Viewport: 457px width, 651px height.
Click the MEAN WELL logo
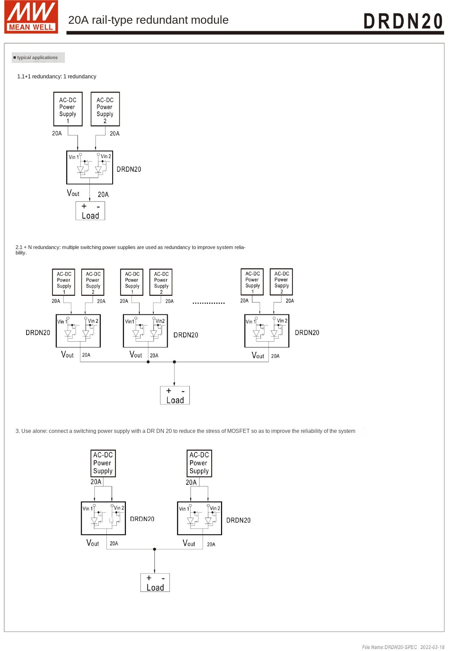[x=31, y=17]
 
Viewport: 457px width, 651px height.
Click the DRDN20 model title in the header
[x=403, y=21]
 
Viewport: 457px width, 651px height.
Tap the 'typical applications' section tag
[x=38, y=58]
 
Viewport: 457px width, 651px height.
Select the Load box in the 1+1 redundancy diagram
[x=90, y=211]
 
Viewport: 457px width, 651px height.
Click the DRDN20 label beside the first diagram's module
[x=129, y=169]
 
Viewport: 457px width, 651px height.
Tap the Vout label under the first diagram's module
[x=73, y=193]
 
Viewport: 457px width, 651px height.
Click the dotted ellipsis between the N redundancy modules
[x=208, y=303]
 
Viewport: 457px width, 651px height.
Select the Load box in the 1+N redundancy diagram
[x=175, y=396]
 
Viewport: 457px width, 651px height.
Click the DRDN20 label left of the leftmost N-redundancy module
[x=38, y=333]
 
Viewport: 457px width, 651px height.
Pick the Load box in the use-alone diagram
[x=155, y=583]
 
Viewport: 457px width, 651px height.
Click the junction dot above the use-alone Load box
[x=155, y=549]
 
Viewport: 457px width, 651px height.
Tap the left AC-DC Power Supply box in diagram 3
[x=103, y=463]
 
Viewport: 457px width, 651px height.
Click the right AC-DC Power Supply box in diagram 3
[x=199, y=463]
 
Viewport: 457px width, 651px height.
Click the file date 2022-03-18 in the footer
[x=432, y=647]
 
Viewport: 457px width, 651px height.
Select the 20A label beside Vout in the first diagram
[x=103, y=195]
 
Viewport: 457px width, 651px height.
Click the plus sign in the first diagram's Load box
[x=84, y=206]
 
